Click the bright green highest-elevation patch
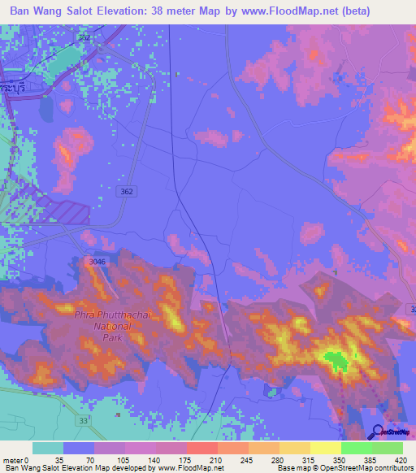[x=335, y=358]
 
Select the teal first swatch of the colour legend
[x=48, y=448]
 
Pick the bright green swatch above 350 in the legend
[x=357, y=448]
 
